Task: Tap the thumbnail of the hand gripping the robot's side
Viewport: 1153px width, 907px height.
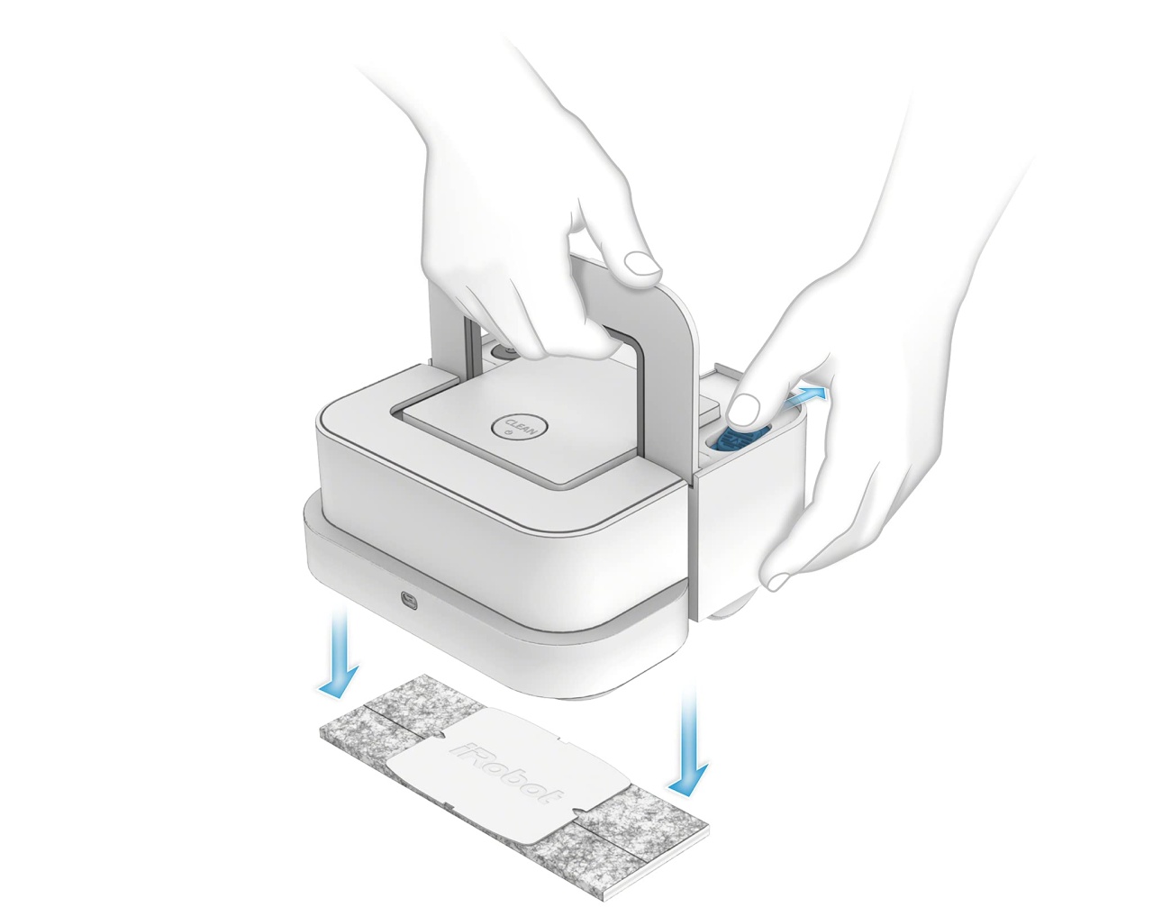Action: click(779, 580)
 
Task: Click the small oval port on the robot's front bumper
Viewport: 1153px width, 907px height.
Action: click(411, 599)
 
